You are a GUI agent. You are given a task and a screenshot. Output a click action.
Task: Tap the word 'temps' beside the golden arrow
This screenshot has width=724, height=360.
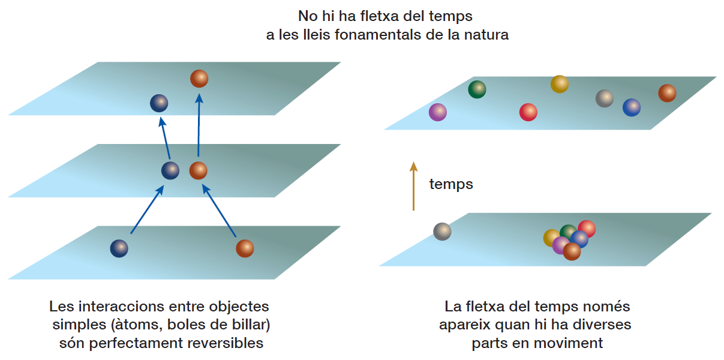pos(451,184)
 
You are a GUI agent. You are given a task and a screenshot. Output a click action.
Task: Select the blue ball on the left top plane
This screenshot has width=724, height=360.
pos(159,104)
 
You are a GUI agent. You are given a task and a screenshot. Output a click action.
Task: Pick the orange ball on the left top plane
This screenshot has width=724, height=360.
pos(199,79)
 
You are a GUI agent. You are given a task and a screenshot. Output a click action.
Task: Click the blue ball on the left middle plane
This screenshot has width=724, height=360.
pos(170,171)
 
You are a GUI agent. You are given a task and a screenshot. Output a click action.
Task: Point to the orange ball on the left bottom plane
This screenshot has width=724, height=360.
pos(245,248)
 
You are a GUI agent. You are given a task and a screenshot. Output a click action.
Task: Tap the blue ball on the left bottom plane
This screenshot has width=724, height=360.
pos(119,248)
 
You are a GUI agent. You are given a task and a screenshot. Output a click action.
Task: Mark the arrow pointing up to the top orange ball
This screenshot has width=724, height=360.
pos(199,126)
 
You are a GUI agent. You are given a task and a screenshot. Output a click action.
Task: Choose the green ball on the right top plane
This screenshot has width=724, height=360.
pos(477,90)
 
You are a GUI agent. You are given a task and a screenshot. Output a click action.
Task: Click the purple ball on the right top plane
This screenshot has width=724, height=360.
pos(438,112)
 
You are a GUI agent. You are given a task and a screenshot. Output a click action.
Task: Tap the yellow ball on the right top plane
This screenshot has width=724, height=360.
pos(560,84)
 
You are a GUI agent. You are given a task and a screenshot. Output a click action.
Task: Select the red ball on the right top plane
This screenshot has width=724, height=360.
pos(528,112)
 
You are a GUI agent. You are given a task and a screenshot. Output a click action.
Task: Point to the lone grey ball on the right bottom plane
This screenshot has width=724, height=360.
pos(442,231)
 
